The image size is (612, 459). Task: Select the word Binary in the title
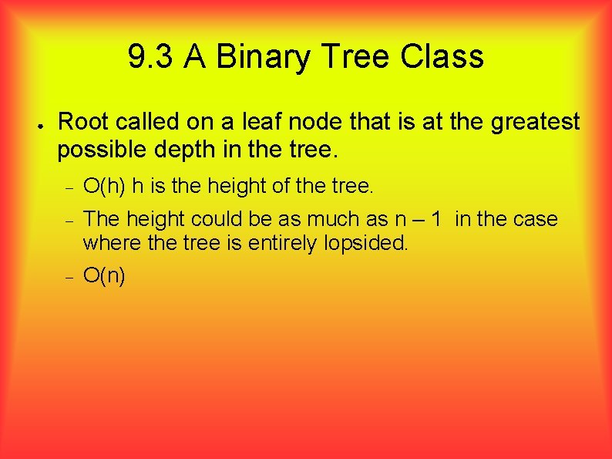click(x=254, y=56)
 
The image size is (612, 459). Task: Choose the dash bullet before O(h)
click(x=69, y=187)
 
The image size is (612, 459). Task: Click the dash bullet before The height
click(x=69, y=221)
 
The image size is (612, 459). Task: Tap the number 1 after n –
click(x=437, y=219)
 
